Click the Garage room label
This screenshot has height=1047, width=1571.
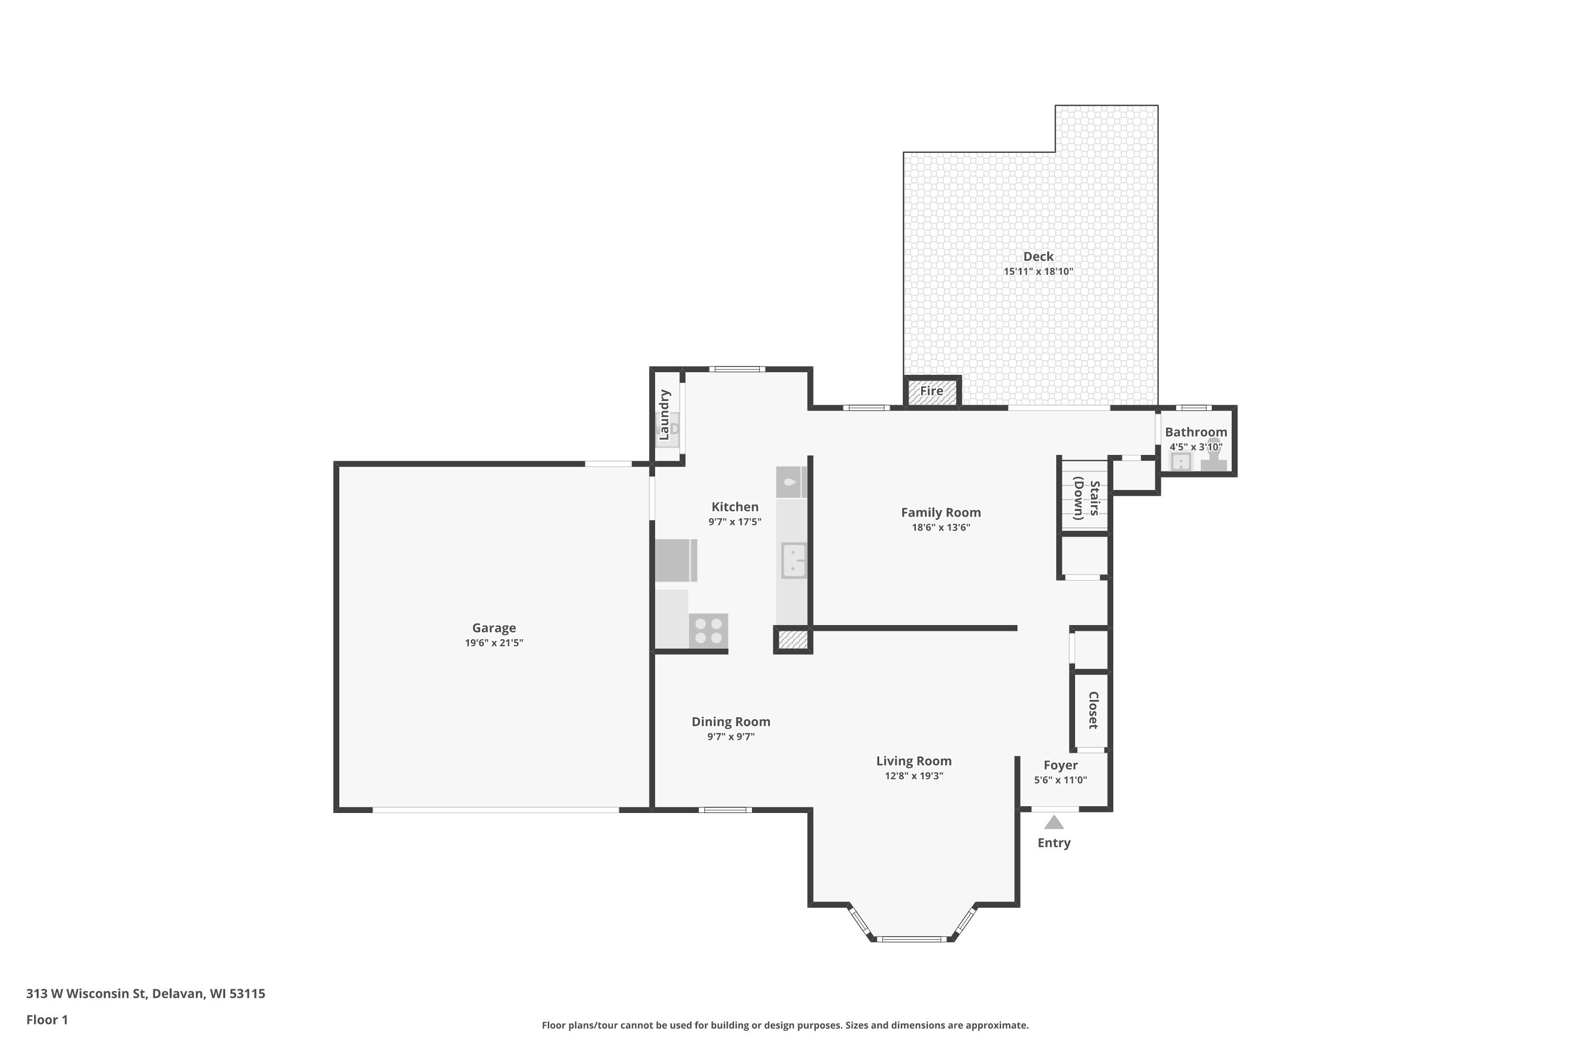click(x=494, y=628)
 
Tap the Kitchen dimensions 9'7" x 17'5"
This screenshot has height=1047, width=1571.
click(x=735, y=521)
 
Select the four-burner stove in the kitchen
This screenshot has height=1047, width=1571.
click(x=708, y=630)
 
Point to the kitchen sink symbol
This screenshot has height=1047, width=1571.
click(x=793, y=560)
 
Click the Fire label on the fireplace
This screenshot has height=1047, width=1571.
click(x=931, y=391)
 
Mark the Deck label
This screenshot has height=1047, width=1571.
click(x=1038, y=257)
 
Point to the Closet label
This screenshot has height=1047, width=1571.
click(x=1093, y=710)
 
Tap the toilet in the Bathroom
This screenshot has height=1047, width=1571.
click(x=1214, y=455)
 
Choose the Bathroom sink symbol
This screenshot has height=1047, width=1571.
click(x=1181, y=461)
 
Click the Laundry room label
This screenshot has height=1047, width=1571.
click(x=664, y=415)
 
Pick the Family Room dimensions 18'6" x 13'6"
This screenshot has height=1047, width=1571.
click(x=941, y=528)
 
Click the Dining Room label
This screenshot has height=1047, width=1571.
click(x=731, y=722)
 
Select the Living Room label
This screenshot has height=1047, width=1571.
click(x=914, y=761)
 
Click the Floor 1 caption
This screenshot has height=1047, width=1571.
click(x=47, y=1020)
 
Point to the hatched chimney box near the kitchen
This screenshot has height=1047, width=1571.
click(x=793, y=640)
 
